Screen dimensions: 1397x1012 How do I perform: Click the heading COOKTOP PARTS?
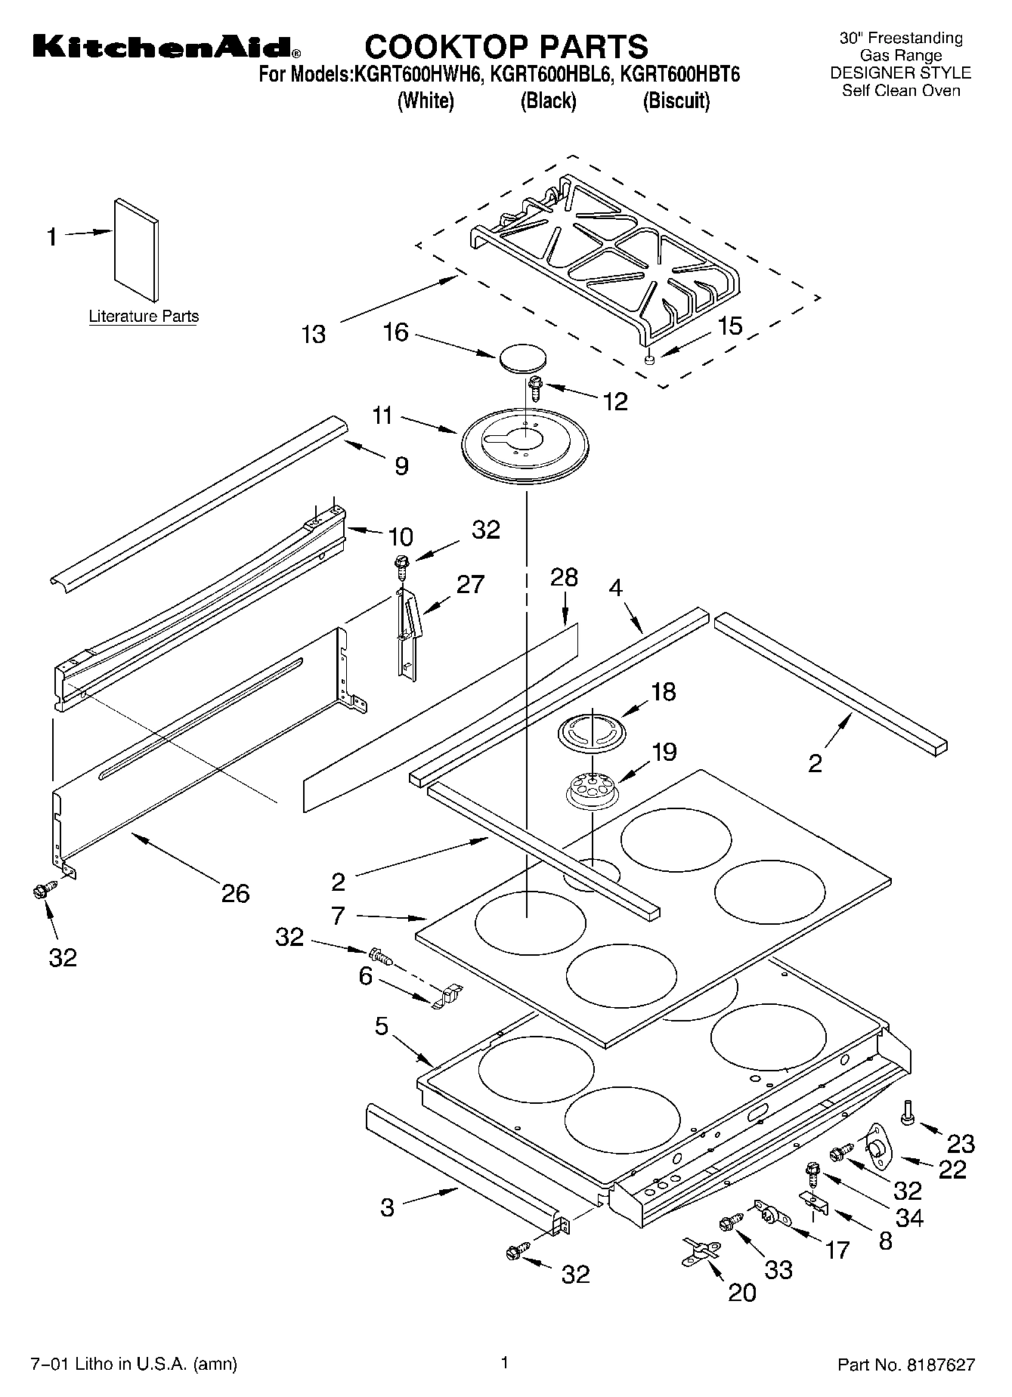(506, 47)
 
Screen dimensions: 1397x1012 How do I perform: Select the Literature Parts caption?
(144, 317)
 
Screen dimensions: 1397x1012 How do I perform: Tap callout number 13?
(313, 334)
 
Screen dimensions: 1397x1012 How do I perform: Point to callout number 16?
(396, 332)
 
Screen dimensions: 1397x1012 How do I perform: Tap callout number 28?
(564, 577)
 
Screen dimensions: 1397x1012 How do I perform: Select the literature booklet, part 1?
(137, 249)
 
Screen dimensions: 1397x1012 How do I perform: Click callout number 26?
(235, 894)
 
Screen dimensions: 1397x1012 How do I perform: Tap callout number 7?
(338, 916)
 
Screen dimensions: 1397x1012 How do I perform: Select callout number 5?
(382, 1026)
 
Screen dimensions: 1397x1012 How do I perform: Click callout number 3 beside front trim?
(387, 1207)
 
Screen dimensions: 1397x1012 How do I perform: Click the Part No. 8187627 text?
(906, 1365)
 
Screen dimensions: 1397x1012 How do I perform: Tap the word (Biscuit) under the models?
(676, 100)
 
